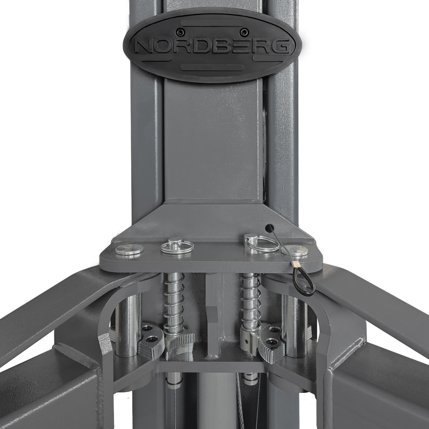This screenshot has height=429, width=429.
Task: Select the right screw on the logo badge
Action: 243,33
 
